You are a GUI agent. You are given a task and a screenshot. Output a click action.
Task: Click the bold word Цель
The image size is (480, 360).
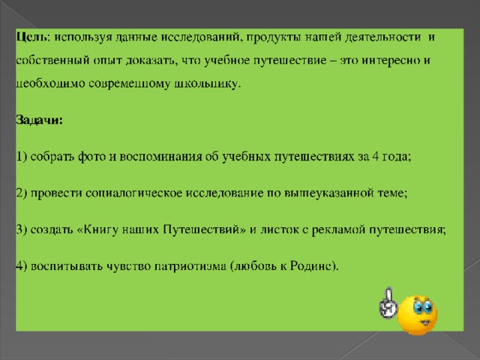(31, 37)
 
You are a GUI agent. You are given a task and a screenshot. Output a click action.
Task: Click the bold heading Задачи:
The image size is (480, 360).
(39, 120)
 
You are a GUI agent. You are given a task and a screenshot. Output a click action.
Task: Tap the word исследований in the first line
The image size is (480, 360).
(200, 37)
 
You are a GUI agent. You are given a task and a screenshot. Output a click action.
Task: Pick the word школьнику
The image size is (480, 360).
(206, 83)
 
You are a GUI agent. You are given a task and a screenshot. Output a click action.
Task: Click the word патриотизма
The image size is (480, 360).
(190, 266)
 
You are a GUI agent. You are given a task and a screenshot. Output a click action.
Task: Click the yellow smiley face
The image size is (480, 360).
(417, 315)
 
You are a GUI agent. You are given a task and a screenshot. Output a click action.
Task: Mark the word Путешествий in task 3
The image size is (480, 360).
(201, 229)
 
